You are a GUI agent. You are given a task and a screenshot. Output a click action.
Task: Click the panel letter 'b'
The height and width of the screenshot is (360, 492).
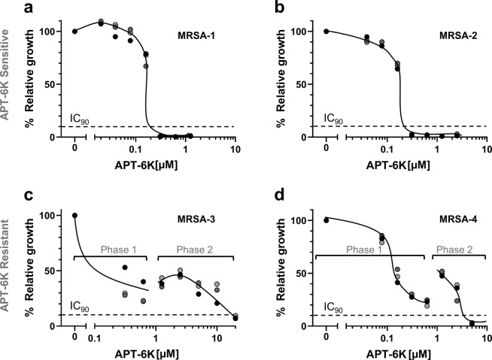[260, 10]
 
